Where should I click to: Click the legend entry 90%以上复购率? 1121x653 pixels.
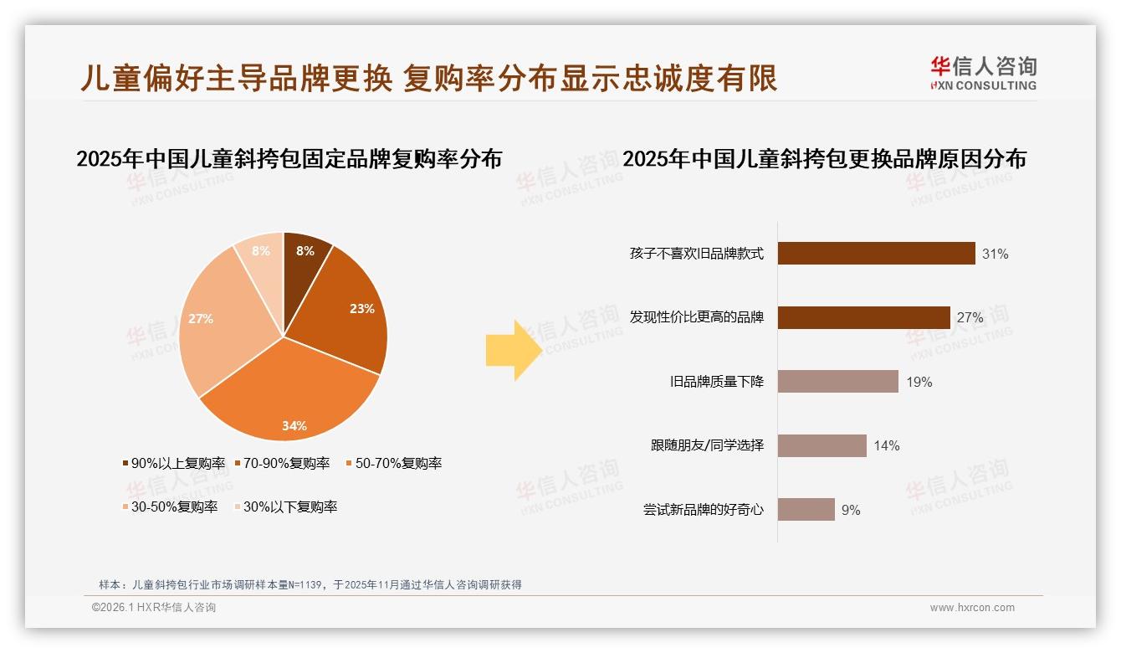click(174, 463)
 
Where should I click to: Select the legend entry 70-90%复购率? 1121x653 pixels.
click(282, 463)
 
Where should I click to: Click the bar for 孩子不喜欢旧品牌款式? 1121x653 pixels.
click(876, 253)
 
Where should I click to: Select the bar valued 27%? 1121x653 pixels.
click(863, 317)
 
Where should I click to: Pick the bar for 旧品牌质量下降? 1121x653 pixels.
click(837, 382)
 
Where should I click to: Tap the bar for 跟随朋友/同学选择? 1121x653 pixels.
click(822, 445)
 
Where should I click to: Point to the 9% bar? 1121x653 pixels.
click(806, 509)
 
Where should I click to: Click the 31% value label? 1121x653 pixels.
click(995, 254)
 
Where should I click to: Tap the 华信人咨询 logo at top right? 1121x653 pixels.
click(983, 73)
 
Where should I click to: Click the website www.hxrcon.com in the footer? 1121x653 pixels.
click(972, 608)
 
